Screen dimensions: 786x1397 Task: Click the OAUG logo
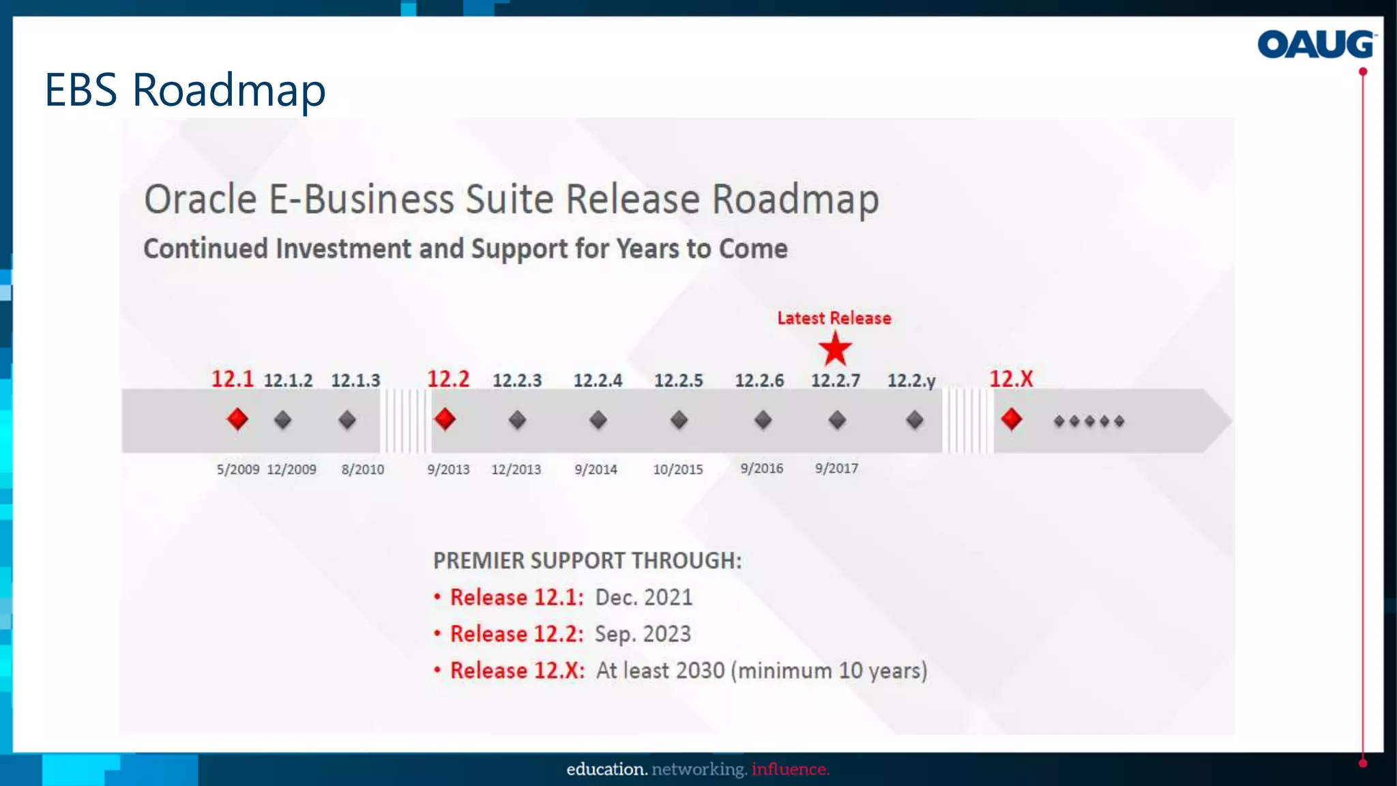coord(1315,44)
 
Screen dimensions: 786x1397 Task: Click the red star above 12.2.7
coord(835,349)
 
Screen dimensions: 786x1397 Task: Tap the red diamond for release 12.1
coord(237,419)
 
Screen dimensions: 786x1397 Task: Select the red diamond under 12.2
coord(445,419)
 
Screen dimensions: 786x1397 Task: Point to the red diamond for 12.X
coord(1011,419)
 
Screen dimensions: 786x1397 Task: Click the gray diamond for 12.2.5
coord(679,420)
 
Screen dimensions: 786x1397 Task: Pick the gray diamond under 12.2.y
coord(915,420)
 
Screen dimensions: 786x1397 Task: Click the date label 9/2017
coord(836,469)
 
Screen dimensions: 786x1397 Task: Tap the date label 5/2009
coord(237,469)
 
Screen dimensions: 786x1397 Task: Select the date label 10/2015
coord(677,469)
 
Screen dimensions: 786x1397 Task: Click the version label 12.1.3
coord(355,380)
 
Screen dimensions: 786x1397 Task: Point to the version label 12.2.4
coord(598,380)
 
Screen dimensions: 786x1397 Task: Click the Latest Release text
coord(834,318)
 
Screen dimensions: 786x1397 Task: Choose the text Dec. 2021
coord(643,597)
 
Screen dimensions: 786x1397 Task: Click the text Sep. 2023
coord(643,634)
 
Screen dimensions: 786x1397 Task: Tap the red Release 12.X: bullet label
coord(517,670)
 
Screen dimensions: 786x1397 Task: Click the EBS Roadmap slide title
coord(185,89)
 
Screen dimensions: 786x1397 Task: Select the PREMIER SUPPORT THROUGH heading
coord(587,560)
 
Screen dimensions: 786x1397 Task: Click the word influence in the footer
coord(790,769)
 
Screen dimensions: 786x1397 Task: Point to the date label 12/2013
coord(516,469)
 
